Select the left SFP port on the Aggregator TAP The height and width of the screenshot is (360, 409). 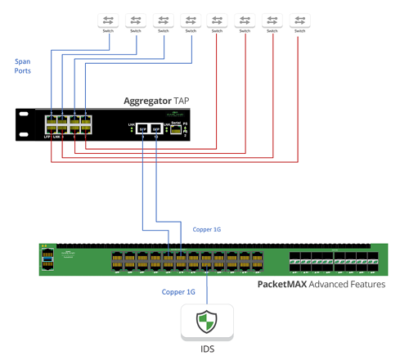(142, 129)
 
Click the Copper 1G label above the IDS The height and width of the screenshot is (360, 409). (178, 291)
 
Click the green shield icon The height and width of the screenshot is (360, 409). (207, 322)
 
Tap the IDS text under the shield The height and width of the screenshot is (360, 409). (207, 349)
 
